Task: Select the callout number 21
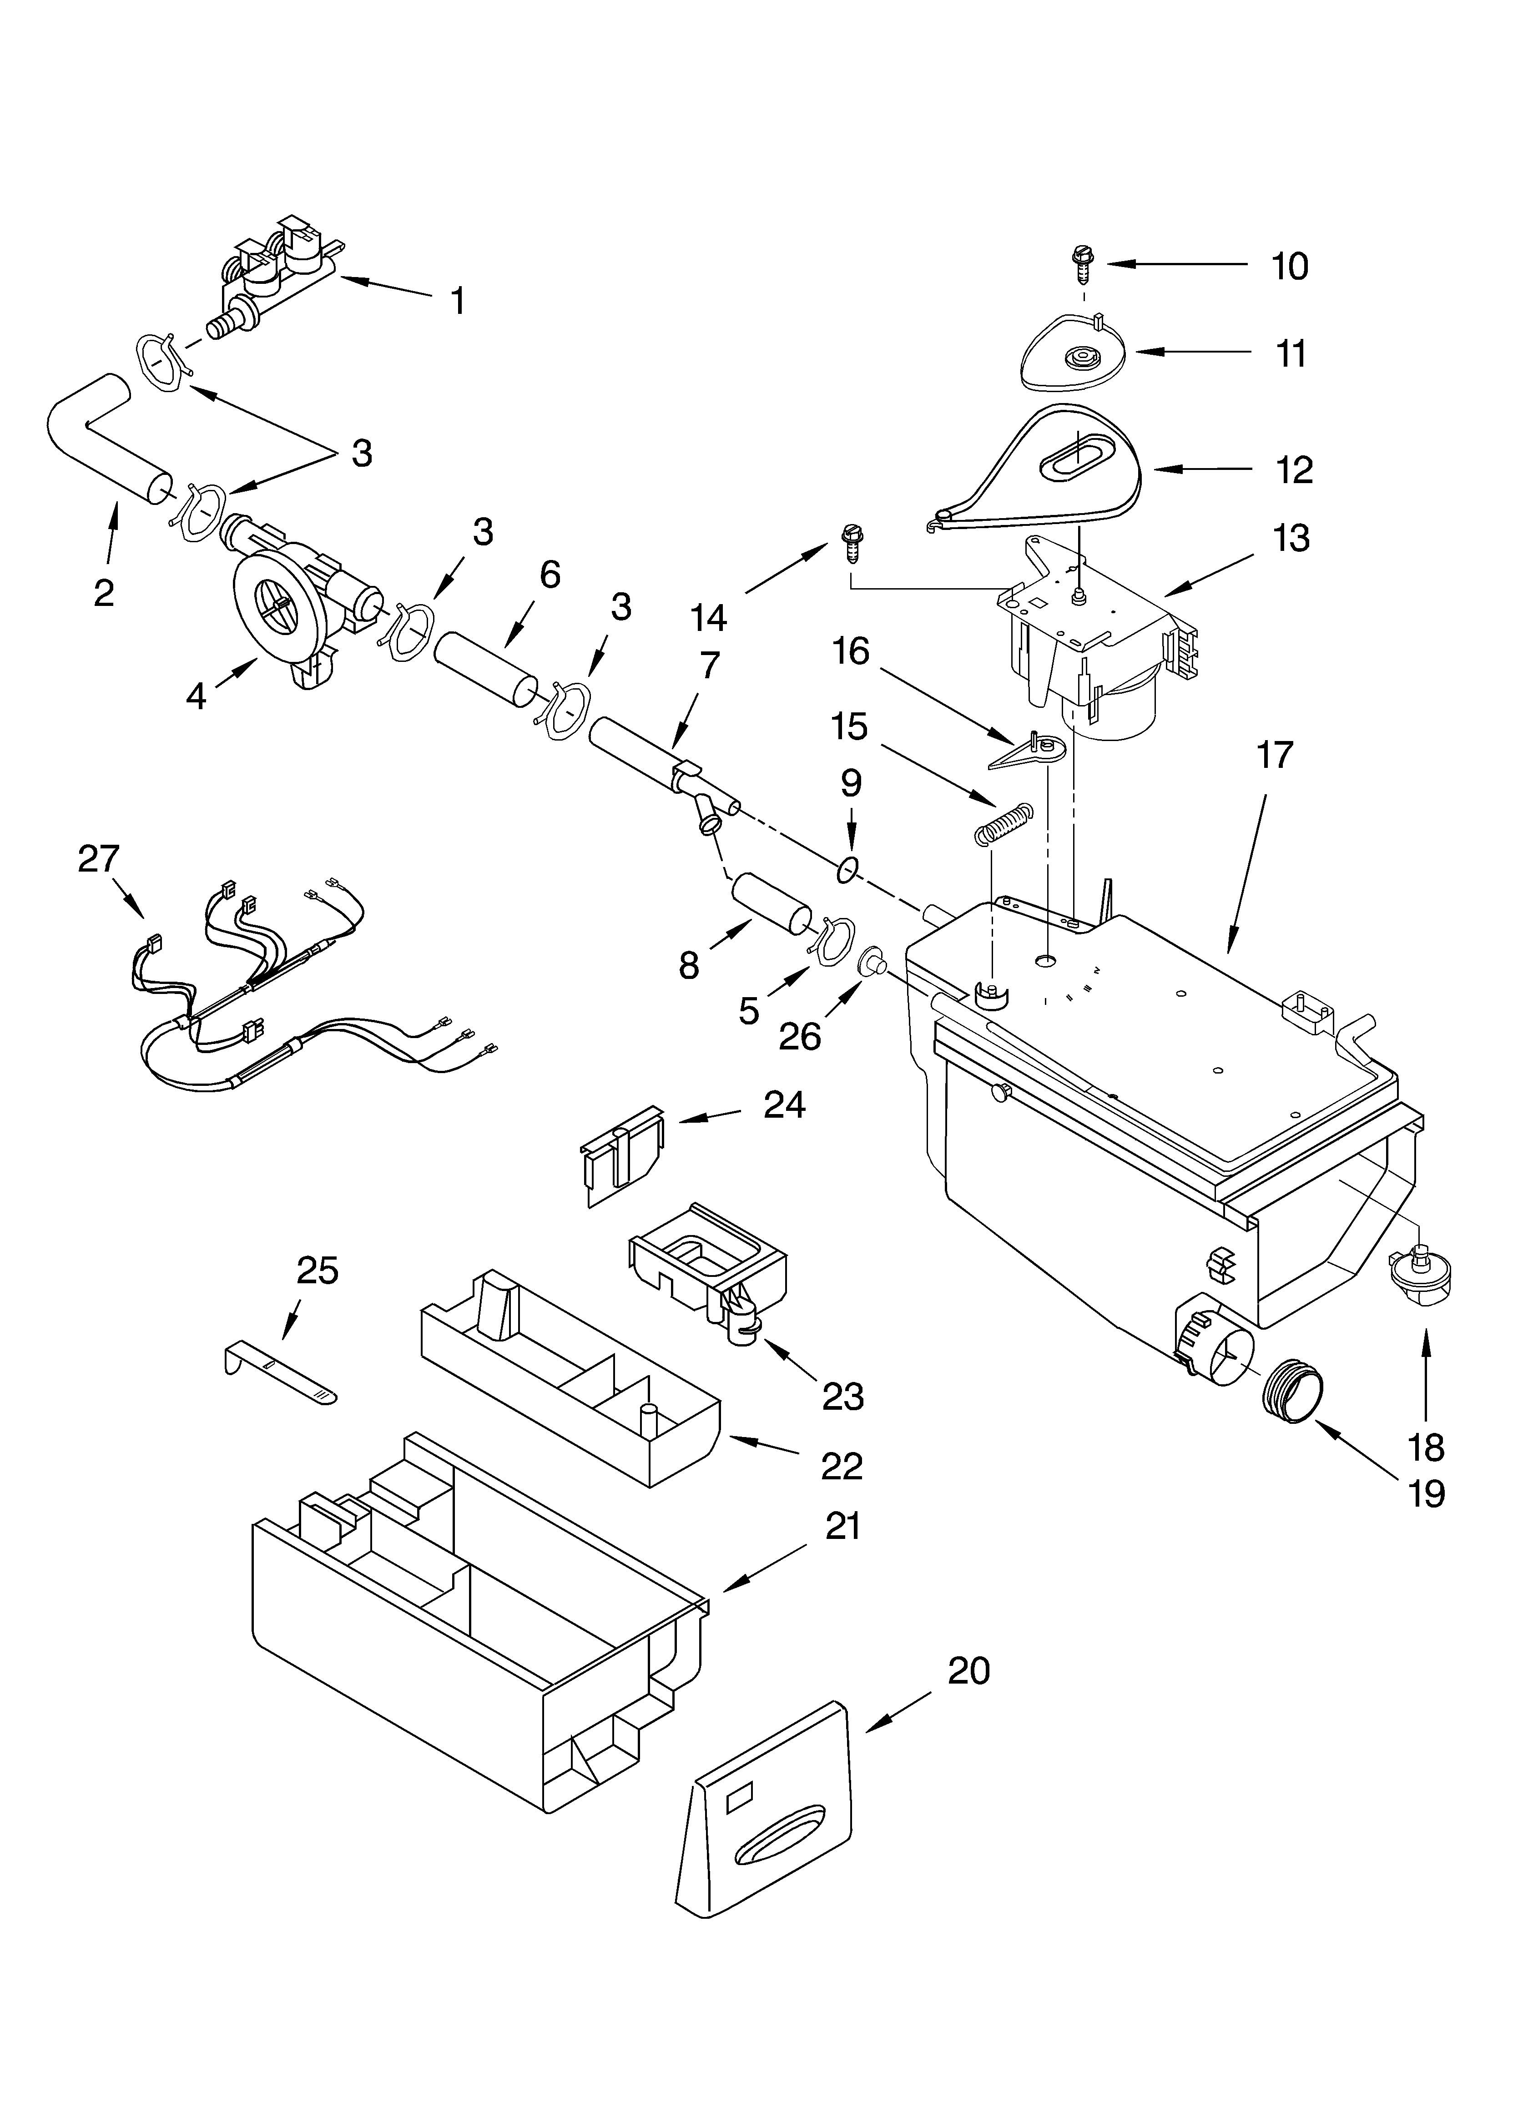(x=842, y=1525)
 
